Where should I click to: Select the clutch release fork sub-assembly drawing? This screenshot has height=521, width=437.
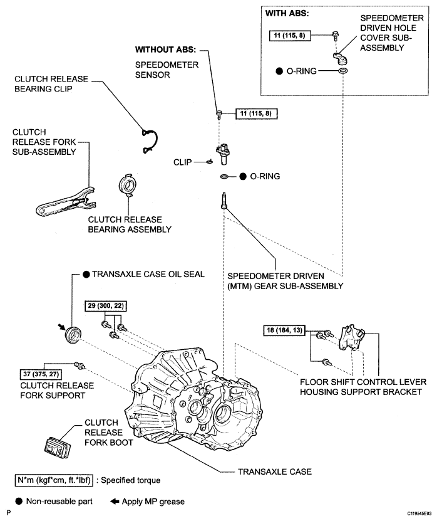[65, 203]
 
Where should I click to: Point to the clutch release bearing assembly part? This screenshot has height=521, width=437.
[128, 185]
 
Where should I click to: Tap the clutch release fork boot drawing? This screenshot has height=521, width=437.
[58, 448]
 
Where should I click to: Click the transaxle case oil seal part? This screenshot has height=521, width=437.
[73, 335]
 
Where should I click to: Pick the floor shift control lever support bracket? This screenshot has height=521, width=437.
[351, 337]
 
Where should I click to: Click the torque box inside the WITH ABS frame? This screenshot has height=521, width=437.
[290, 36]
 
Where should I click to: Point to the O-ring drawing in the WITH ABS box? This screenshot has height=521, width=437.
[342, 70]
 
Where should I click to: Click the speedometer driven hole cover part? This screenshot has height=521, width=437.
[340, 58]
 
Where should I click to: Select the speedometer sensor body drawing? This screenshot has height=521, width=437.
[224, 154]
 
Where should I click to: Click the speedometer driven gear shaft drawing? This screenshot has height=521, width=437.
[224, 201]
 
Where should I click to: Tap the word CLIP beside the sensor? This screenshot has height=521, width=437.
[182, 162]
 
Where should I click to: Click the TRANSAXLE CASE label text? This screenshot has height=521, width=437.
[275, 471]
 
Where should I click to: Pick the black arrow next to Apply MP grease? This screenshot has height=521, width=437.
[115, 501]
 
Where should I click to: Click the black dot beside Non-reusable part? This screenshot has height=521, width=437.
[19, 501]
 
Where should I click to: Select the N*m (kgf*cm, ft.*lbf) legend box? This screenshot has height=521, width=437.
[54, 480]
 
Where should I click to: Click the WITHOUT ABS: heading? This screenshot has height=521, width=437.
[165, 50]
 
